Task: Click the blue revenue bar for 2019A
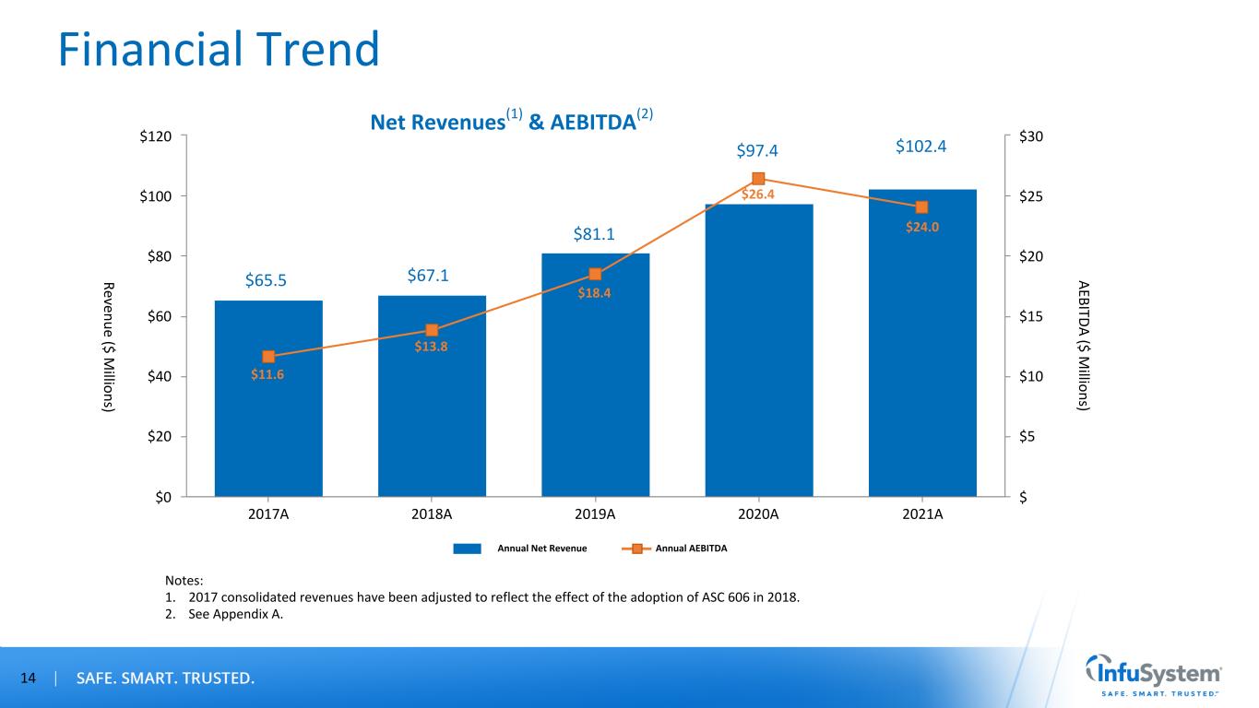point(595,387)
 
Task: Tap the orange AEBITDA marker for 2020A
point(758,179)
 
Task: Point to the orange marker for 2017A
point(268,357)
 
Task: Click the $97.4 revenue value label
point(758,151)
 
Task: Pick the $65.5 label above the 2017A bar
point(267,280)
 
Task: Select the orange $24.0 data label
point(921,227)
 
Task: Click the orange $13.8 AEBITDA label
point(432,347)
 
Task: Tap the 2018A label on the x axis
point(432,514)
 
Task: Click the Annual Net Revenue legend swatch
point(467,549)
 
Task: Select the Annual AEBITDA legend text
point(691,549)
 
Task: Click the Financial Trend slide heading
point(219,49)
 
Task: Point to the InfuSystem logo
point(1153,676)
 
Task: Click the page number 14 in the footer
point(29,679)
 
